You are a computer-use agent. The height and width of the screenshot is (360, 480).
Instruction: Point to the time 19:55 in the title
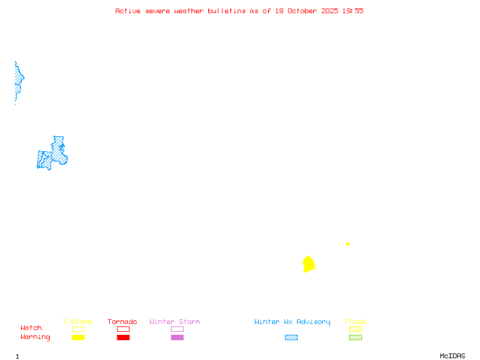(353, 11)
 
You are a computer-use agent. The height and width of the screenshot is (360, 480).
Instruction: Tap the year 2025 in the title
(330, 11)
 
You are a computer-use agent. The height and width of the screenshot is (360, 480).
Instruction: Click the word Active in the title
(128, 11)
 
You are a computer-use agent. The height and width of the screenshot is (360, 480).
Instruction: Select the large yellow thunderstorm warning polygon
(308, 264)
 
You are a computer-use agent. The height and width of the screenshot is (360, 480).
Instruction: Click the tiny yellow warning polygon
(348, 244)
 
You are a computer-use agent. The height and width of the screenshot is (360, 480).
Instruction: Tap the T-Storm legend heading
(77, 322)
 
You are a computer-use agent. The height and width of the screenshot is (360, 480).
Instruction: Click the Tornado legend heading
(122, 322)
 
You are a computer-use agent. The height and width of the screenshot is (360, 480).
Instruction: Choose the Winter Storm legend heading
(175, 322)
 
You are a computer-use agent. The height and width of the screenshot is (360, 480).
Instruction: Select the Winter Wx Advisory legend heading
(292, 322)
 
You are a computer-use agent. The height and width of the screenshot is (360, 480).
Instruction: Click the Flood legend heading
(355, 322)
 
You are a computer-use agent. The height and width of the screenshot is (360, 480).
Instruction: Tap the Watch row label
(31, 328)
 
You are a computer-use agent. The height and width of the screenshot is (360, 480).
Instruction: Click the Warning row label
(35, 337)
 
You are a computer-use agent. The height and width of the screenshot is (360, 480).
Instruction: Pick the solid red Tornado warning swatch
(123, 338)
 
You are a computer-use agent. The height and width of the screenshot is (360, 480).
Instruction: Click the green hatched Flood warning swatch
(355, 338)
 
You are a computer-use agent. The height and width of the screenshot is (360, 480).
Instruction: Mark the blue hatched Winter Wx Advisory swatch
(291, 338)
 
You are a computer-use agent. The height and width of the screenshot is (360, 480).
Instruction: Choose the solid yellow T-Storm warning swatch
(78, 338)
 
